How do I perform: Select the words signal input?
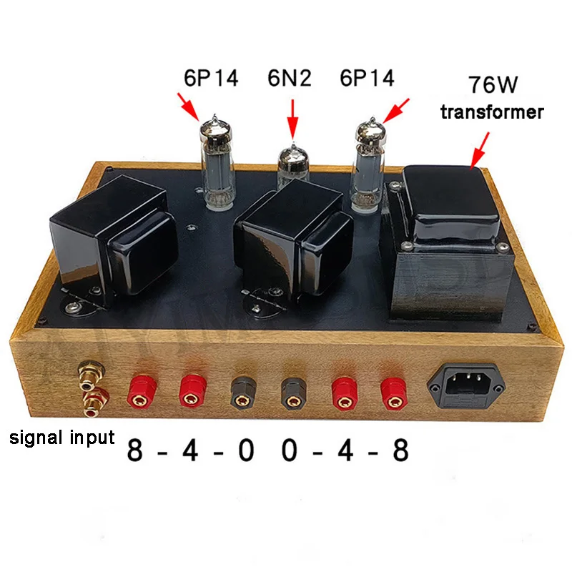(62, 437)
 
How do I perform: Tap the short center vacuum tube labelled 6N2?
(292, 164)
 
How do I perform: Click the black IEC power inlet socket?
(469, 388)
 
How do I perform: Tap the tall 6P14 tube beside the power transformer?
(370, 168)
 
